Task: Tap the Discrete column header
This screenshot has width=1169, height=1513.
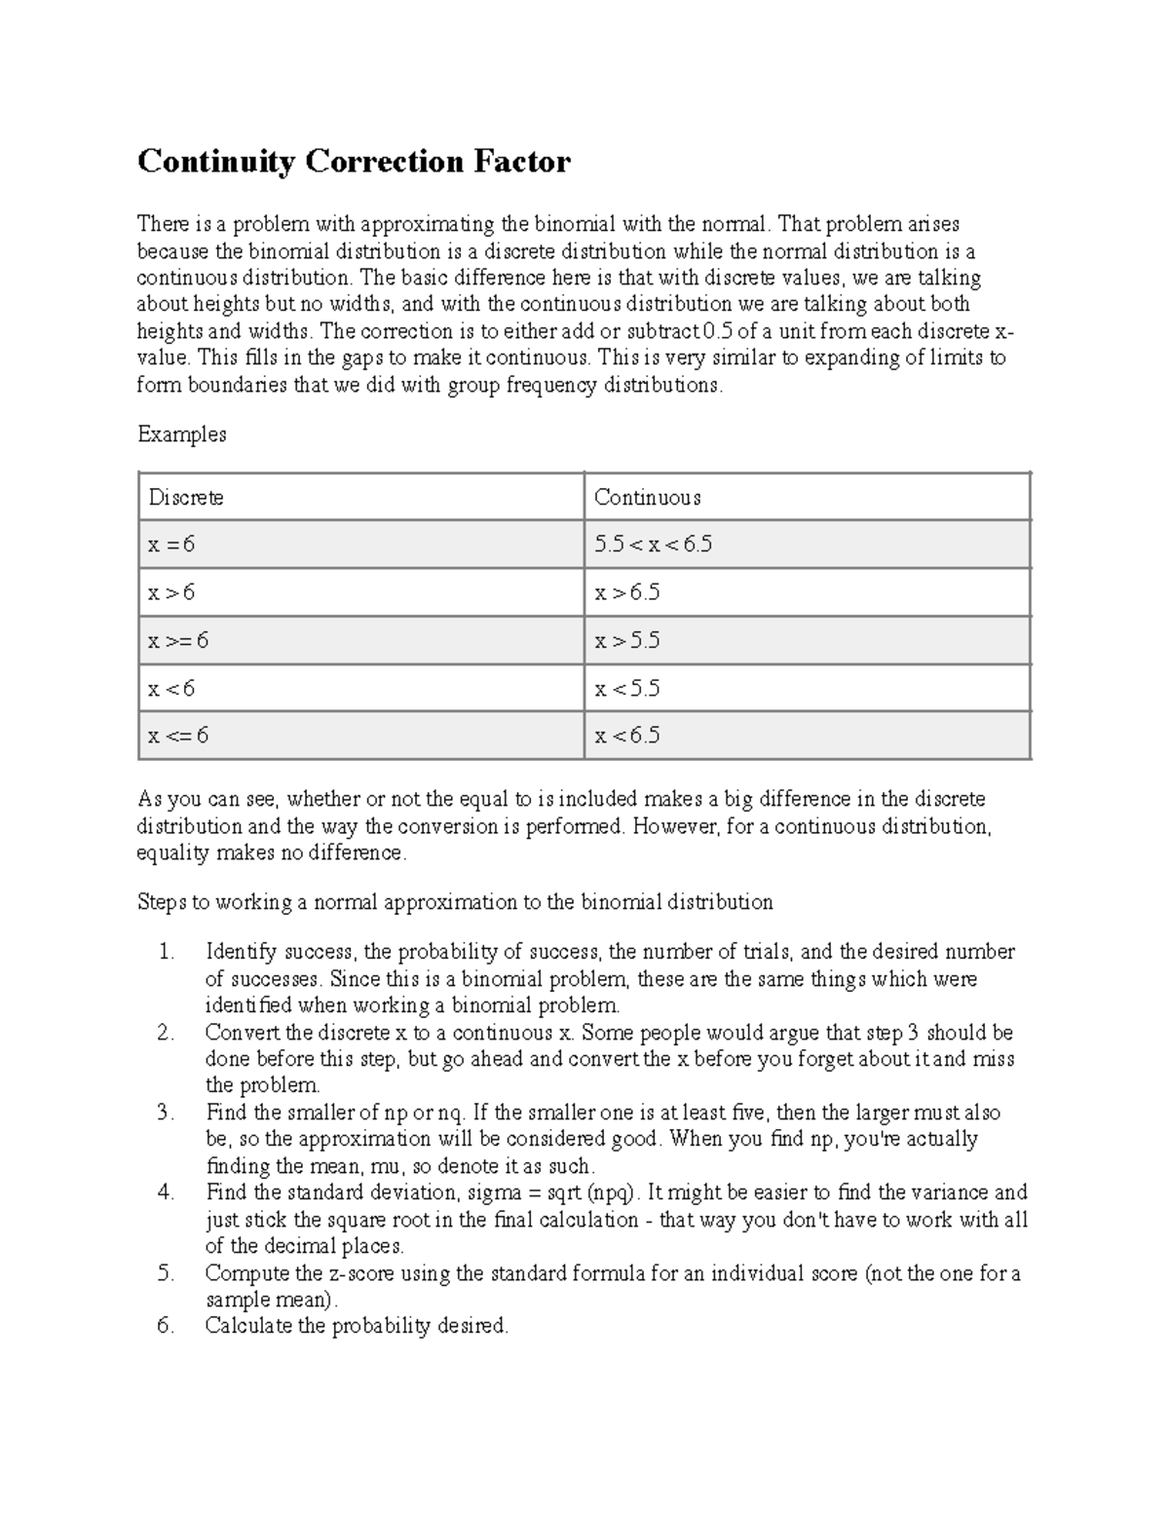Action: click(x=186, y=498)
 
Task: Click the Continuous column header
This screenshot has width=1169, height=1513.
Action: click(x=647, y=498)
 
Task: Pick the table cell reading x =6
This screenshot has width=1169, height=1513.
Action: click(x=171, y=545)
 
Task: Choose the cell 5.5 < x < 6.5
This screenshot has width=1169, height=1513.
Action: click(x=653, y=545)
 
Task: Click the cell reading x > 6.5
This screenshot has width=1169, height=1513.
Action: click(x=627, y=592)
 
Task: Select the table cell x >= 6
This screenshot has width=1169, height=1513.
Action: click(x=178, y=640)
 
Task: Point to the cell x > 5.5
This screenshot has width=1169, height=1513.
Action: click(x=627, y=640)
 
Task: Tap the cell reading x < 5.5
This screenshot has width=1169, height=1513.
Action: click(x=627, y=689)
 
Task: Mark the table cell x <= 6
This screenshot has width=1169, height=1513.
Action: click(x=178, y=736)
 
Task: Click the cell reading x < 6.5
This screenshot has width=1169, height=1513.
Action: click(x=627, y=736)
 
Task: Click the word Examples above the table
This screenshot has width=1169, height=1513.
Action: click(x=182, y=435)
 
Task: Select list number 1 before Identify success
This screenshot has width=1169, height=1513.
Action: click(x=165, y=952)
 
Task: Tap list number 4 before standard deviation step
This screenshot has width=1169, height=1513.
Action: click(x=165, y=1192)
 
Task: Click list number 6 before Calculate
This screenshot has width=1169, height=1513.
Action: click(x=165, y=1326)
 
